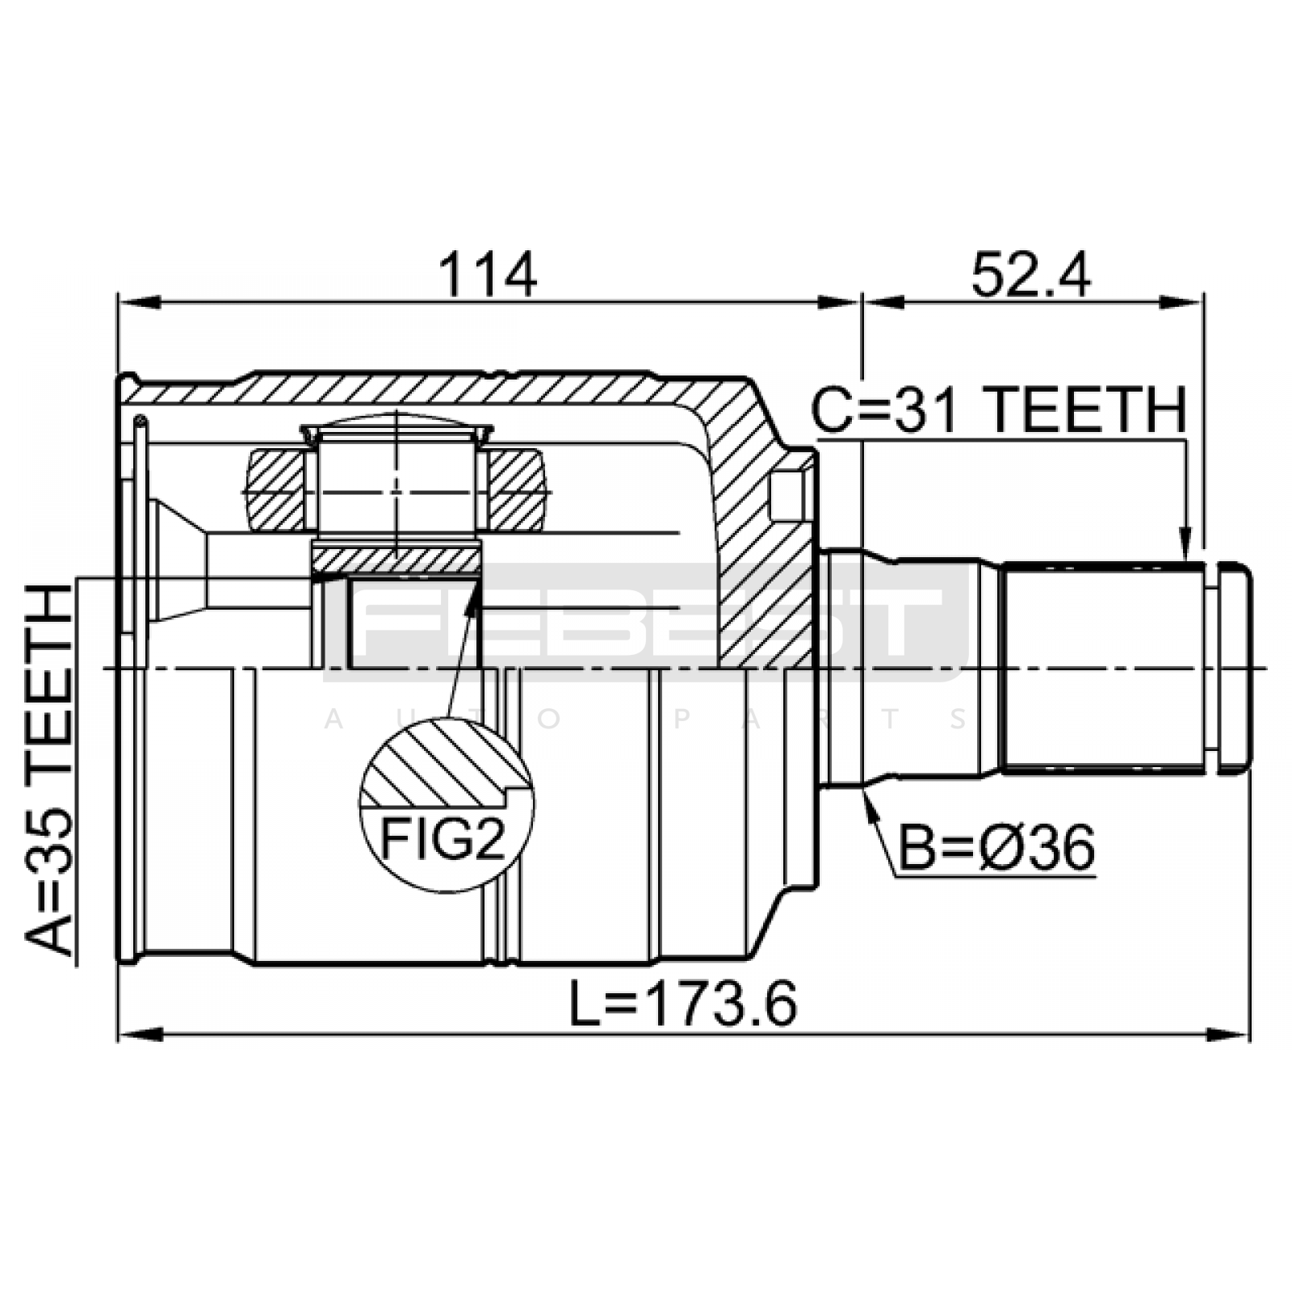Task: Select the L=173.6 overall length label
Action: pyautogui.click(x=683, y=1003)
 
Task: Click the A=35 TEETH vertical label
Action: pyautogui.click(x=50, y=772)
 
